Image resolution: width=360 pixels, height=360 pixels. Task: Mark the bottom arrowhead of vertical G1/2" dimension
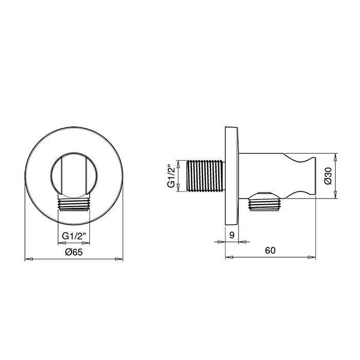click(178, 190)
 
